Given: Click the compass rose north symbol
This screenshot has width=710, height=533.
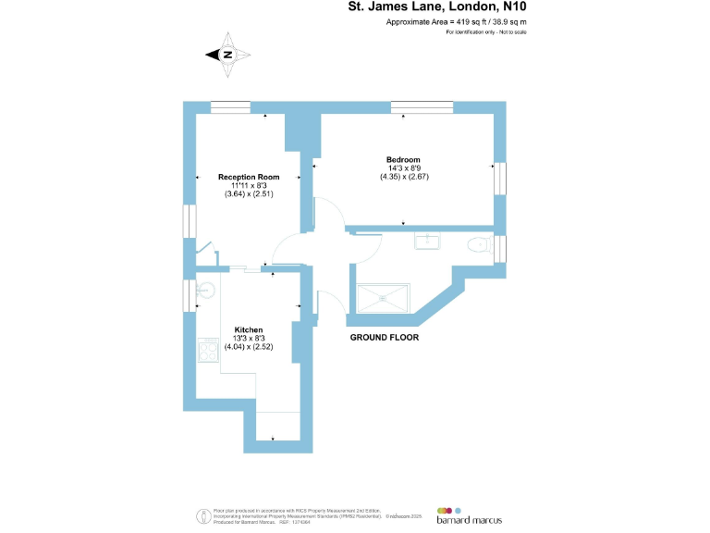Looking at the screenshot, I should [x=227, y=54].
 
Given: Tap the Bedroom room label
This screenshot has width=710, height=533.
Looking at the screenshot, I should [x=404, y=158].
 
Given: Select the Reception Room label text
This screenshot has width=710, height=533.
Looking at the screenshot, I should [x=249, y=177].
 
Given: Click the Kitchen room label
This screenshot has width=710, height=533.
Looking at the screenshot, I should [x=249, y=329].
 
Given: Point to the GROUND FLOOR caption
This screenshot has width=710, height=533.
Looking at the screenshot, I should [x=384, y=338].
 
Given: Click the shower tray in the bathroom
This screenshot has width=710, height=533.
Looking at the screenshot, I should [x=380, y=298].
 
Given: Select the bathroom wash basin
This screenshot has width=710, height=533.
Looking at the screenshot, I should [x=427, y=242].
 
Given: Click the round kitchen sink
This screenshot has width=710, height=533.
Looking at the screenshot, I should [x=206, y=290].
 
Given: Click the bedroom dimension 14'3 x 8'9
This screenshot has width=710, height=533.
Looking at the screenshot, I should [x=404, y=167].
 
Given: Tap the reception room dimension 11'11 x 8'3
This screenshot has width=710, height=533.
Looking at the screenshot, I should [x=249, y=186].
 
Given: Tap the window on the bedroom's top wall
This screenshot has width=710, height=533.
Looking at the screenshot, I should [x=422, y=107].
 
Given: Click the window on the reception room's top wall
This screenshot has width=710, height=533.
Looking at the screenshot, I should [x=230, y=107].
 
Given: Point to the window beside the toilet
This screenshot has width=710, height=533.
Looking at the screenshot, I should [x=500, y=249].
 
